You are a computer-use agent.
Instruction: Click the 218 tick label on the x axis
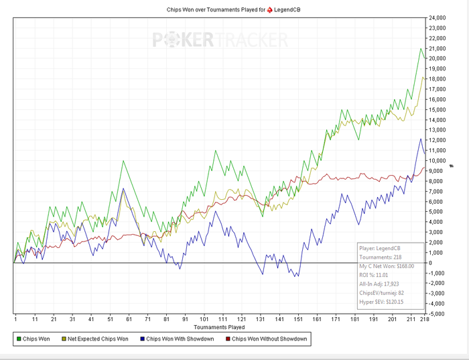click(x=423, y=320)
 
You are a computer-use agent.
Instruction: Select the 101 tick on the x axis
click(x=204, y=320)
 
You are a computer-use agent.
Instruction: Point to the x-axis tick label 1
click(x=15, y=320)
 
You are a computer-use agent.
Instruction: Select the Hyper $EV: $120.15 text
click(x=387, y=302)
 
